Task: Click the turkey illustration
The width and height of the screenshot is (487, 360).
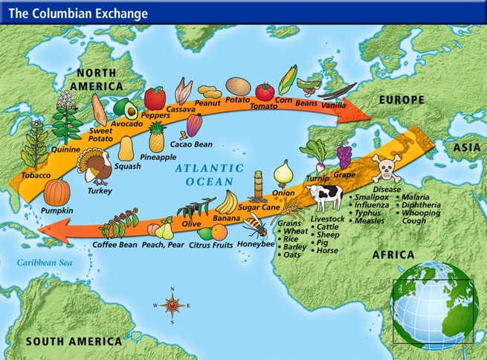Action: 94,168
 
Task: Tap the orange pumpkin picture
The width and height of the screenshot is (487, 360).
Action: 57,191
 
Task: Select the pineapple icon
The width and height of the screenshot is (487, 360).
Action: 156,138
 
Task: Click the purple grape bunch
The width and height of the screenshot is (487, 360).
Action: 344,157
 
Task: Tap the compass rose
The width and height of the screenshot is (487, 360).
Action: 172,304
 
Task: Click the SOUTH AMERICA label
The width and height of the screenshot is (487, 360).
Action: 74,341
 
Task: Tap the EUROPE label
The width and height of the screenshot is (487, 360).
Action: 401,100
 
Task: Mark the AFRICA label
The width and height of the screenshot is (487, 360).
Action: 394,254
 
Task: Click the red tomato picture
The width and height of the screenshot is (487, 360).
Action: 265,91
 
